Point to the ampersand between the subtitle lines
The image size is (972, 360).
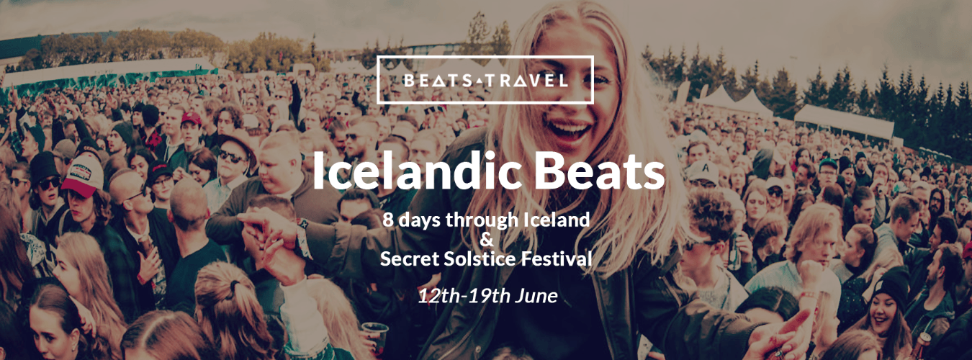click(486, 238)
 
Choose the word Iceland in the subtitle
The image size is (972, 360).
click(555, 219)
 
